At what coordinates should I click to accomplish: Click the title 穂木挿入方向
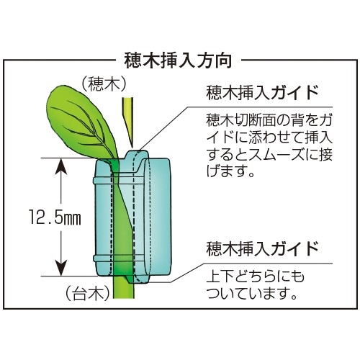tap(178, 60)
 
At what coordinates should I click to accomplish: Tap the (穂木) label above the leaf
tap(104, 84)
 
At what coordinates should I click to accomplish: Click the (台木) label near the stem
tap(88, 293)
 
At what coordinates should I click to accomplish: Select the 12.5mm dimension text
tap(55, 217)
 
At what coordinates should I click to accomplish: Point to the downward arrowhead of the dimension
tap(61, 267)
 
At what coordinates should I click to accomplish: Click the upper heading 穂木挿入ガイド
tap(262, 93)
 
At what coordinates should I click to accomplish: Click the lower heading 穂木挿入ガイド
tap(262, 249)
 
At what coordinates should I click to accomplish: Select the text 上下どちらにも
tap(255, 276)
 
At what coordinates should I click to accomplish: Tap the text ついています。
tap(251, 293)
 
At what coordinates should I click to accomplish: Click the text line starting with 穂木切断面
tap(269, 120)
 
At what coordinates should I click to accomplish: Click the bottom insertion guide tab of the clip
tap(138, 279)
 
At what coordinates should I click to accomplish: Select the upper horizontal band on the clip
tap(119, 181)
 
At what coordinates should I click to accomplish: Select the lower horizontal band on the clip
tap(119, 258)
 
